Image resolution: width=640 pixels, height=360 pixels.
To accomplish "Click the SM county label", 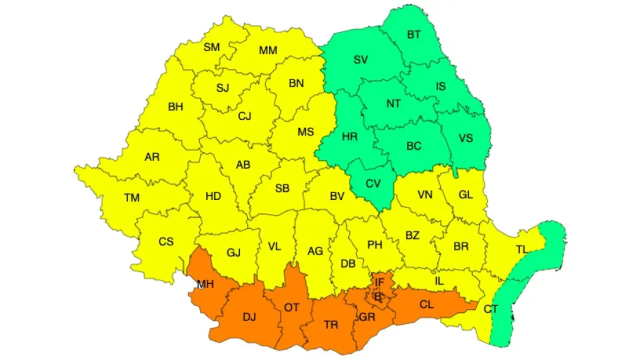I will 212,47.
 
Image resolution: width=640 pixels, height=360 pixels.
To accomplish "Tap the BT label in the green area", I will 414,35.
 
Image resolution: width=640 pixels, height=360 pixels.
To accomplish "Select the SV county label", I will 361,60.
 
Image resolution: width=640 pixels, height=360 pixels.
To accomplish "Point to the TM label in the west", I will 132,198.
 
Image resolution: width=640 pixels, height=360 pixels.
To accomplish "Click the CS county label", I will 166,242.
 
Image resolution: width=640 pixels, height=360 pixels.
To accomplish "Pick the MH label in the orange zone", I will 205,284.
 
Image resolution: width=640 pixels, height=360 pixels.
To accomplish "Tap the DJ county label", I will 249,317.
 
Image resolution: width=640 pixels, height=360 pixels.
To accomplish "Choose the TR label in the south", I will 331,324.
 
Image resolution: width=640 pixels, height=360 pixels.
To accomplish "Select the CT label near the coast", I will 490,309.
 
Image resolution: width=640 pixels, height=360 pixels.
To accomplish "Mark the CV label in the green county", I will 373,184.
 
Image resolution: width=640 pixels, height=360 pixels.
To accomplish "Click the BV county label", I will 337,196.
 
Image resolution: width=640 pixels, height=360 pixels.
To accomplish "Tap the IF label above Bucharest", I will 380,282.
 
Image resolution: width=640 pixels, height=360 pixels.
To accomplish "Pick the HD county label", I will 213,196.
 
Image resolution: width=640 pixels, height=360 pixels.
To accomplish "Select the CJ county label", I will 244,116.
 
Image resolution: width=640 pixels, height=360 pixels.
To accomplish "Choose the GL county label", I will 466,195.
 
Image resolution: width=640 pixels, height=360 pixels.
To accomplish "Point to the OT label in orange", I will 291,307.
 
